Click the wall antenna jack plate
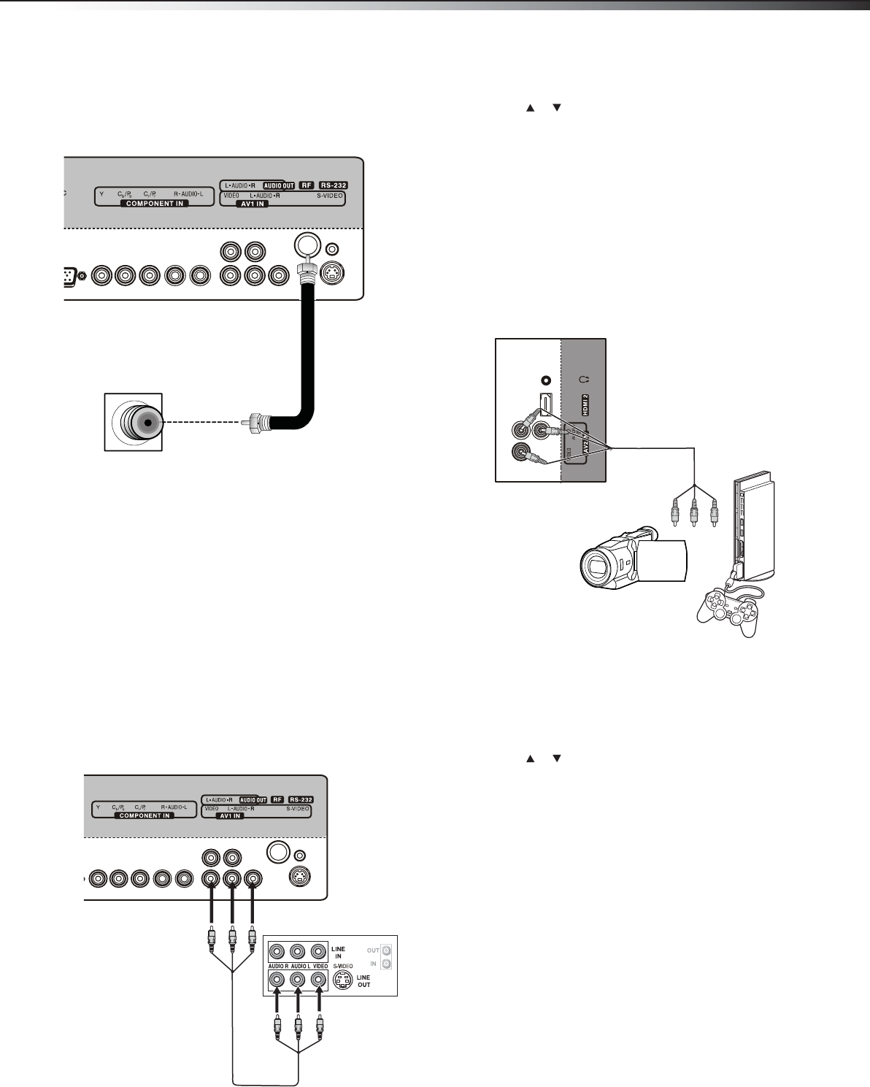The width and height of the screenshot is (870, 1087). tap(133, 422)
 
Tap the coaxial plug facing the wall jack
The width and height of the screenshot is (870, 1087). tap(255, 421)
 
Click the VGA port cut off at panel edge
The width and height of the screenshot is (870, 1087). tap(69, 277)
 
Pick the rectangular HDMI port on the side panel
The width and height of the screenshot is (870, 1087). tap(544, 404)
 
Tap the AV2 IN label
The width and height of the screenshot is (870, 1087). tap(585, 442)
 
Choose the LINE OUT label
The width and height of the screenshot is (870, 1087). tap(363, 981)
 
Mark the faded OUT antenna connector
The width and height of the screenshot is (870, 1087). tap(387, 950)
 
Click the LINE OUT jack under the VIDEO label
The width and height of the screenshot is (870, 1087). tap(318, 980)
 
